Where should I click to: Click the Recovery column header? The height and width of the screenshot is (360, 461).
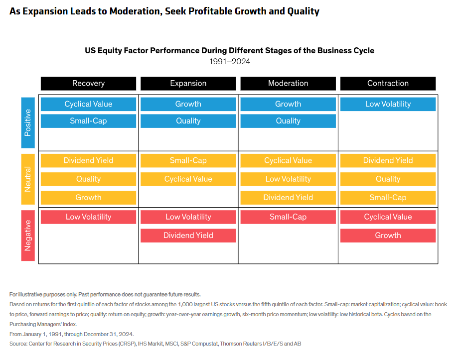pyautogui.click(x=88, y=83)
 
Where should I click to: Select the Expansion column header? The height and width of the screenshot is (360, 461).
pyautogui.click(x=188, y=83)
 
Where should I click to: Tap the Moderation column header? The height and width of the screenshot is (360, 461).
pyautogui.click(x=288, y=83)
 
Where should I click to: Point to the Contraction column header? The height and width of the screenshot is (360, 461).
pyautogui.click(x=388, y=83)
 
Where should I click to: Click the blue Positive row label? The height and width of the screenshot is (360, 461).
pyautogui.click(x=28, y=123)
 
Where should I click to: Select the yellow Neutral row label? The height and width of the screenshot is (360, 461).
pyautogui.click(x=28, y=179)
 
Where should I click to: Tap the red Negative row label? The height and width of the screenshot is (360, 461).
pyautogui.click(x=28, y=236)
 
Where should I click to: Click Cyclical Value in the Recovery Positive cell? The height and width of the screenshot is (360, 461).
pyautogui.click(x=88, y=104)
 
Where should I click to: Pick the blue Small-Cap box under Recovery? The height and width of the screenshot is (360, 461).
pyautogui.click(x=88, y=121)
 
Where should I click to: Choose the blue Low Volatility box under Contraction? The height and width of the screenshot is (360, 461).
pyautogui.click(x=388, y=104)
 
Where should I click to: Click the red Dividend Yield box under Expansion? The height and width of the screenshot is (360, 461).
pyautogui.click(x=188, y=236)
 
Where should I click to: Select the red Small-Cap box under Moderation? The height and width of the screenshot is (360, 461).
pyautogui.click(x=288, y=217)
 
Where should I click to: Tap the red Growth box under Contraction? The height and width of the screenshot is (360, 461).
pyautogui.click(x=388, y=236)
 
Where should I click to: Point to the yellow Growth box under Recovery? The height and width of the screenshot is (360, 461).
pyautogui.click(x=88, y=198)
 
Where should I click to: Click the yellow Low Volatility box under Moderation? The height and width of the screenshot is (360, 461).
pyautogui.click(x=288, y=179)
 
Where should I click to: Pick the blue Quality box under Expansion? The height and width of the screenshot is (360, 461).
pyautogui.click(x=188, y=121)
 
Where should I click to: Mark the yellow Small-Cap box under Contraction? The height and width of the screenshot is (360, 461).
pyautogui.click(x=388, y=198)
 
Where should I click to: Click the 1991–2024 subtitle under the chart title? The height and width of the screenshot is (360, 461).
pyautogui.click(x=230, y=62)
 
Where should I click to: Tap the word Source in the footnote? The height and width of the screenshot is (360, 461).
pyautogui.click(x=17, y=344)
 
